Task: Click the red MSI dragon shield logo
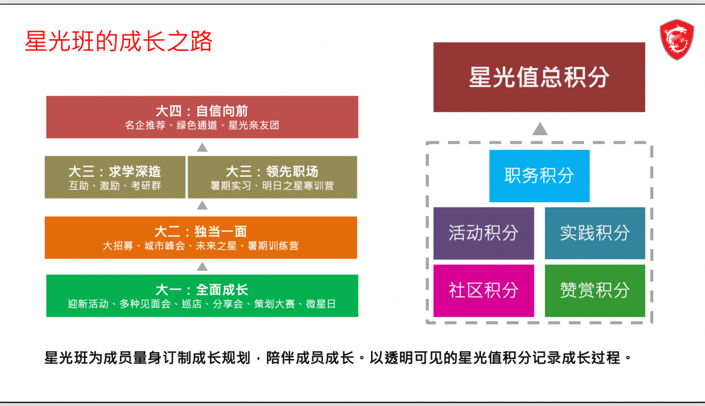[x=676, y=39]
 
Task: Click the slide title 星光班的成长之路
[x=118, y=42]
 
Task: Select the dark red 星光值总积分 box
[x=539, y=77]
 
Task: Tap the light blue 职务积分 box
[x=539, y=176]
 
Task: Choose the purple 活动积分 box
[x=483, y=233]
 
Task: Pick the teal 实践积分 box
[x=594, y=233]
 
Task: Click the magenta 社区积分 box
[x=483, y=290]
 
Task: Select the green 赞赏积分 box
[x=594, y=290]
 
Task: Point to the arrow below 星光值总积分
[x=540, y=129]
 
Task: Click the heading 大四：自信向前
[x=202, y=111]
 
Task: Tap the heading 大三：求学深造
[x=115, y=172]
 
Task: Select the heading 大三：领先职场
[x=272, y=172]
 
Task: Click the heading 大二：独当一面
[x=201, y=231]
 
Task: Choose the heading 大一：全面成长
[x=202, y=290]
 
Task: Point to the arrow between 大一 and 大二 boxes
[x=202, y=267]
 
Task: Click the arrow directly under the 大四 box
[x=202, y=147]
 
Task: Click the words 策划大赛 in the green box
[x=272, y=304]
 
